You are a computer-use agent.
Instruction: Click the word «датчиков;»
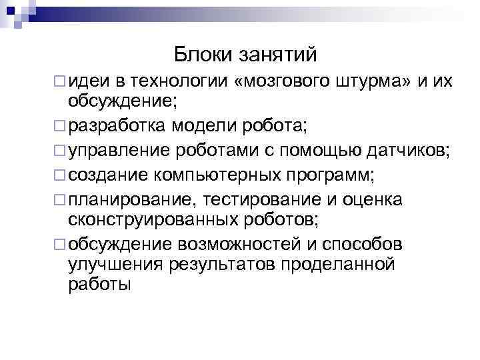click(409, 151)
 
